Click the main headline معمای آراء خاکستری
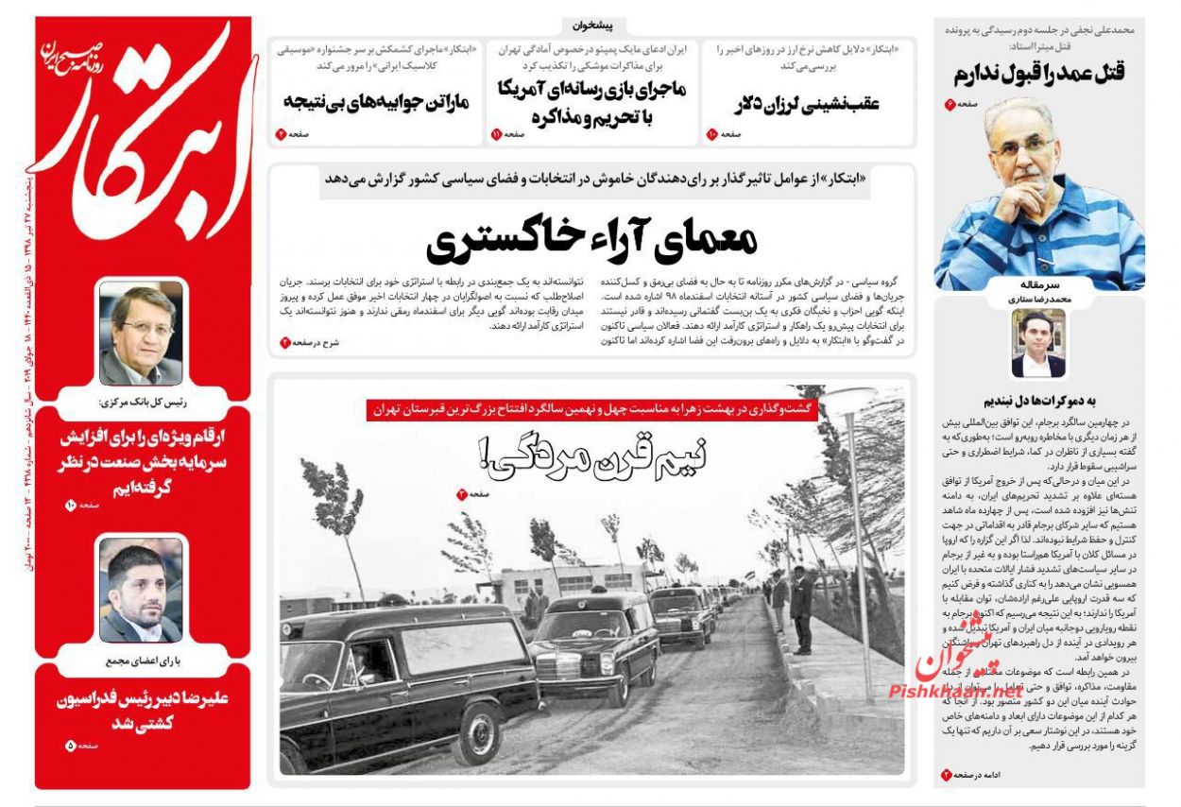[x=591, y=241]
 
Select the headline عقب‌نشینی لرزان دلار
[x=806, y=103]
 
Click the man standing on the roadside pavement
[x=801, y=610]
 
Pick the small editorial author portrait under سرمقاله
[x=1038, y=342]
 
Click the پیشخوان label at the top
[x=592, y=26]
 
